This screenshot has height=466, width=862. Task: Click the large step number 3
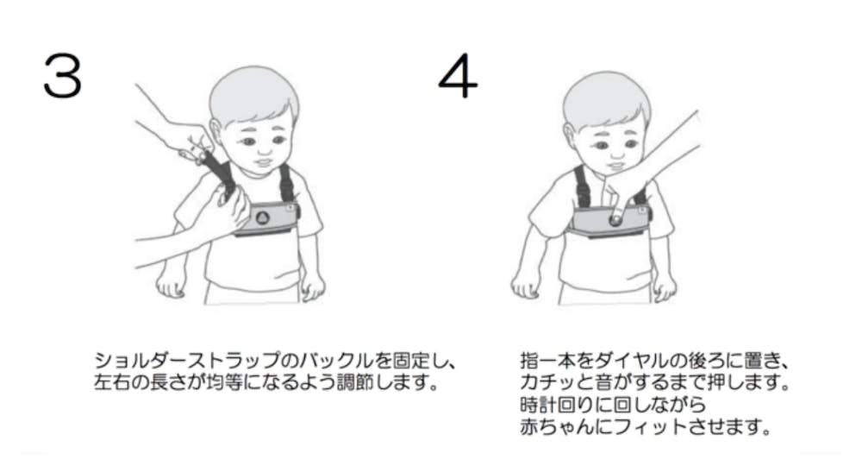click(63, 76)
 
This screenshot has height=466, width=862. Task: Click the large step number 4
click(458, 76)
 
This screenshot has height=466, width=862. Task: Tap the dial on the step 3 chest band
click(263, 217)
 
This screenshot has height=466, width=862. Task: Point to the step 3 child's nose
click(263, 148)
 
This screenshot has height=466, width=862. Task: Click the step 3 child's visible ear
click(216, 132)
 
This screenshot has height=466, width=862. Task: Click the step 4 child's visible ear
click(570, 137)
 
